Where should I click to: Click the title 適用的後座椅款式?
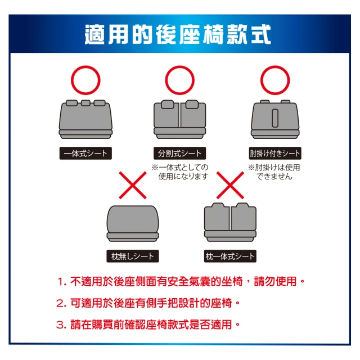coord(178,34)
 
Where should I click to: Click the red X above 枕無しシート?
coord(133,185)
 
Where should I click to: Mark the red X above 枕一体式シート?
coord(230,185)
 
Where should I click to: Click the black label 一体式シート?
coord(85,153)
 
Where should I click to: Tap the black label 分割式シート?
coord(179,153)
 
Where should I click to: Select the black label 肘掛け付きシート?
coord(275,153)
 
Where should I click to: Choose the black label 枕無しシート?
coord(133,256)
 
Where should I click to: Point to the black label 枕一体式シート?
coord(230,256)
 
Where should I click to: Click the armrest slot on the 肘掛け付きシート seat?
coord(275,118)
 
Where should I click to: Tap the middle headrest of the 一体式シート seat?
coord(85,103)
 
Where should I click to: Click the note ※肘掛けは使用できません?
coord(274,172)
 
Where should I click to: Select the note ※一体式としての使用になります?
coord(180,172)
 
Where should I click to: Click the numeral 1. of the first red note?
coord(62,282)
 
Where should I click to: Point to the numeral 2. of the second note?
coord(61,304)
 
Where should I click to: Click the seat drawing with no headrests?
coord(133,223)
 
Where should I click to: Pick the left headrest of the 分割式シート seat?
coord(168,104)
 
